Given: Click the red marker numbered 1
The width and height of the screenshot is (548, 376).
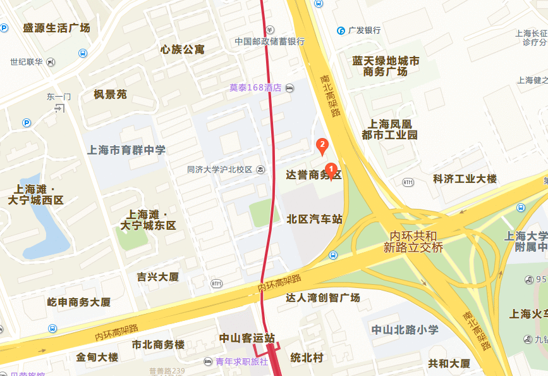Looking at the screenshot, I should pyautogui.click(x=330, y=169).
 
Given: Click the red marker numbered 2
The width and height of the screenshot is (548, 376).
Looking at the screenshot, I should pyautogui.click(x=322, y=146).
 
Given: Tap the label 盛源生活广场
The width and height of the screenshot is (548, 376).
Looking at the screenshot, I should pyautogui.click(x=56, y=28).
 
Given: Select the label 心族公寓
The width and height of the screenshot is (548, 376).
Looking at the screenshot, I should pyautogui.click(x=183, y=49).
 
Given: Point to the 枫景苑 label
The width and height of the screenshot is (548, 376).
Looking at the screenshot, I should pyautogui.click(x=110, y=94).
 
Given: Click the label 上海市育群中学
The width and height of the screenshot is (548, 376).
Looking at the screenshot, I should pyautogui.click(x=126, y=150).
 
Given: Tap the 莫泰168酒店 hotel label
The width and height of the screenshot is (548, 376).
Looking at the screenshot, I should pyautogui.click(x=255, y=88).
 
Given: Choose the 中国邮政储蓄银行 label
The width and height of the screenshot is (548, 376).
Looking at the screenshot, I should pyautogui.click(x=270, y=41).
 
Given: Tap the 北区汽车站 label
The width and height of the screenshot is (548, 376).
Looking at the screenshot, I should pyautogui.click(x=314, y=219).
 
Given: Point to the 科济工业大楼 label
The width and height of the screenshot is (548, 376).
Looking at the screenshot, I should pyautogui.click(x=465, y=179).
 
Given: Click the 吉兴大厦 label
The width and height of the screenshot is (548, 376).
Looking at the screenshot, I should pyautogui.click(x=158, y=277).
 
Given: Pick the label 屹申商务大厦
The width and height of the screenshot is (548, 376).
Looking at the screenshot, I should pyautogui.click(x=79, y=302).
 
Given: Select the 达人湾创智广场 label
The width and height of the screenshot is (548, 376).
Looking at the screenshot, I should pyautogui.click(x=322, y=298).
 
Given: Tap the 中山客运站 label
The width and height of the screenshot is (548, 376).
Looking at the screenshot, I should pyautogui.click(x=247, y=338).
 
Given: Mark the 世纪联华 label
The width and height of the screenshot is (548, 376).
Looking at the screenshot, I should pyautogui.click(x=27, y=62).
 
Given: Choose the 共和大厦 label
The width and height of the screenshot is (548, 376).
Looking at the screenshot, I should pyautogui.click(x=449, y=363).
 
